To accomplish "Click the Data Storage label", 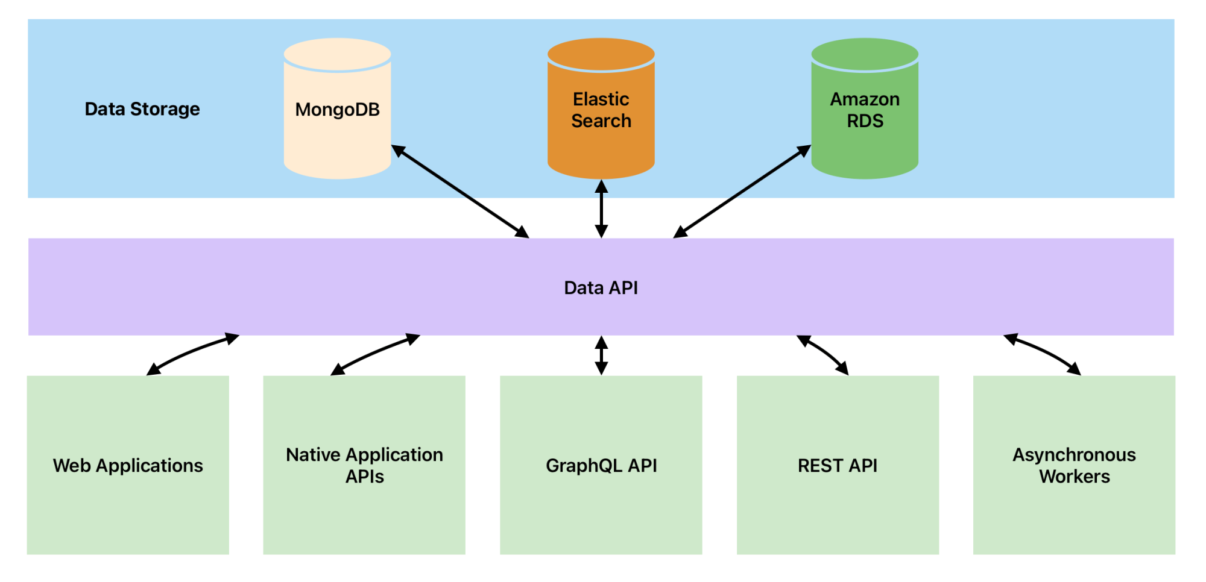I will (x=142, y=109).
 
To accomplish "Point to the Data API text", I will (x=601, y=288).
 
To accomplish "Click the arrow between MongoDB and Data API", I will (x=460, y=192).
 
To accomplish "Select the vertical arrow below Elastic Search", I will (x=601, y=208).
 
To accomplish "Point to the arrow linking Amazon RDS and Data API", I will (x=742, y=192).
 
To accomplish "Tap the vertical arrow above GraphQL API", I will (x=601, y=355).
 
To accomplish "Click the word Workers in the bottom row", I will (x=1074, y=477).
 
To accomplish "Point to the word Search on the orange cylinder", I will (x=601, y=121).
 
